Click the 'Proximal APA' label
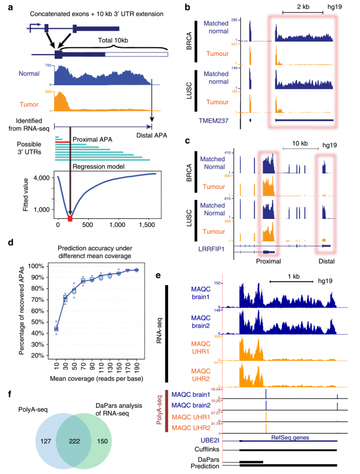(x=92, y=139)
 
